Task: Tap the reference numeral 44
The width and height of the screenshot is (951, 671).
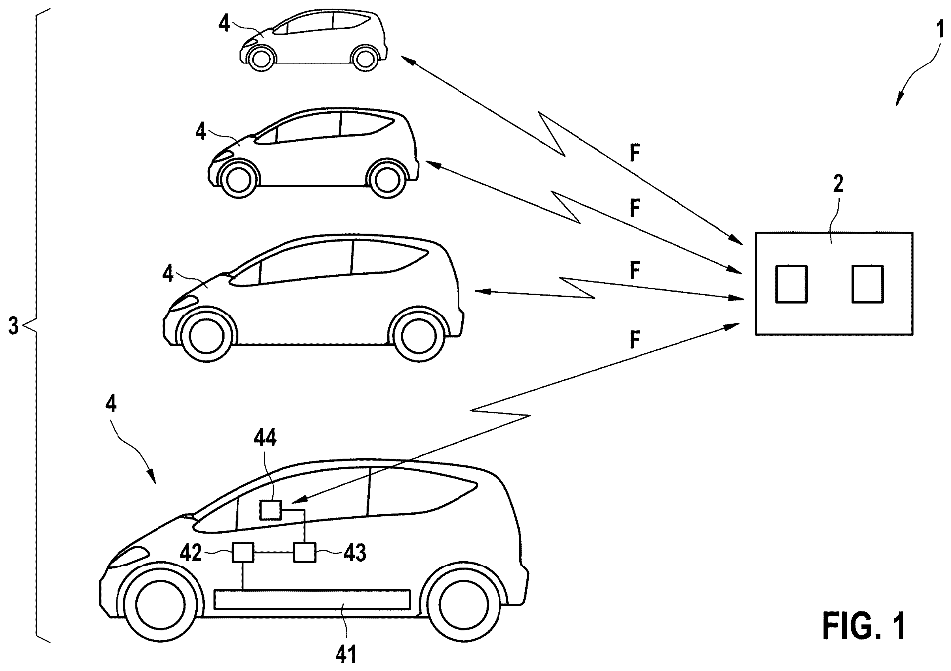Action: [x=265, y=437]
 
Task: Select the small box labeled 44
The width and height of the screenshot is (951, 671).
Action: [x=270, y=510]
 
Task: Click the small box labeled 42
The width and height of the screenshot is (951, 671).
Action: [x=243, y=553]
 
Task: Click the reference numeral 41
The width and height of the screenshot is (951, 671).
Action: [x=346, y=654]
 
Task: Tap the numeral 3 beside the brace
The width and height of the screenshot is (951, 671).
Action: [x=14, y=326]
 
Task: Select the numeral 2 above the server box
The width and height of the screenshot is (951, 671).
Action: [x=838, y=184]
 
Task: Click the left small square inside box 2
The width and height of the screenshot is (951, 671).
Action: [x=791, y=284]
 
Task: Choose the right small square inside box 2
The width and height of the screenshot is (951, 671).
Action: [x=868, y=284]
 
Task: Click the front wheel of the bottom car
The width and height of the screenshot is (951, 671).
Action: [x=160, y=601]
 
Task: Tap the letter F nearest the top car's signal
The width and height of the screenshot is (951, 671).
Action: [x=635, y=154]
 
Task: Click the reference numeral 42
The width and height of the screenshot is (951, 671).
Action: [x=191, y=553]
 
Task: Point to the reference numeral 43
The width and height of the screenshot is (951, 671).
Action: [x=355, y=553]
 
